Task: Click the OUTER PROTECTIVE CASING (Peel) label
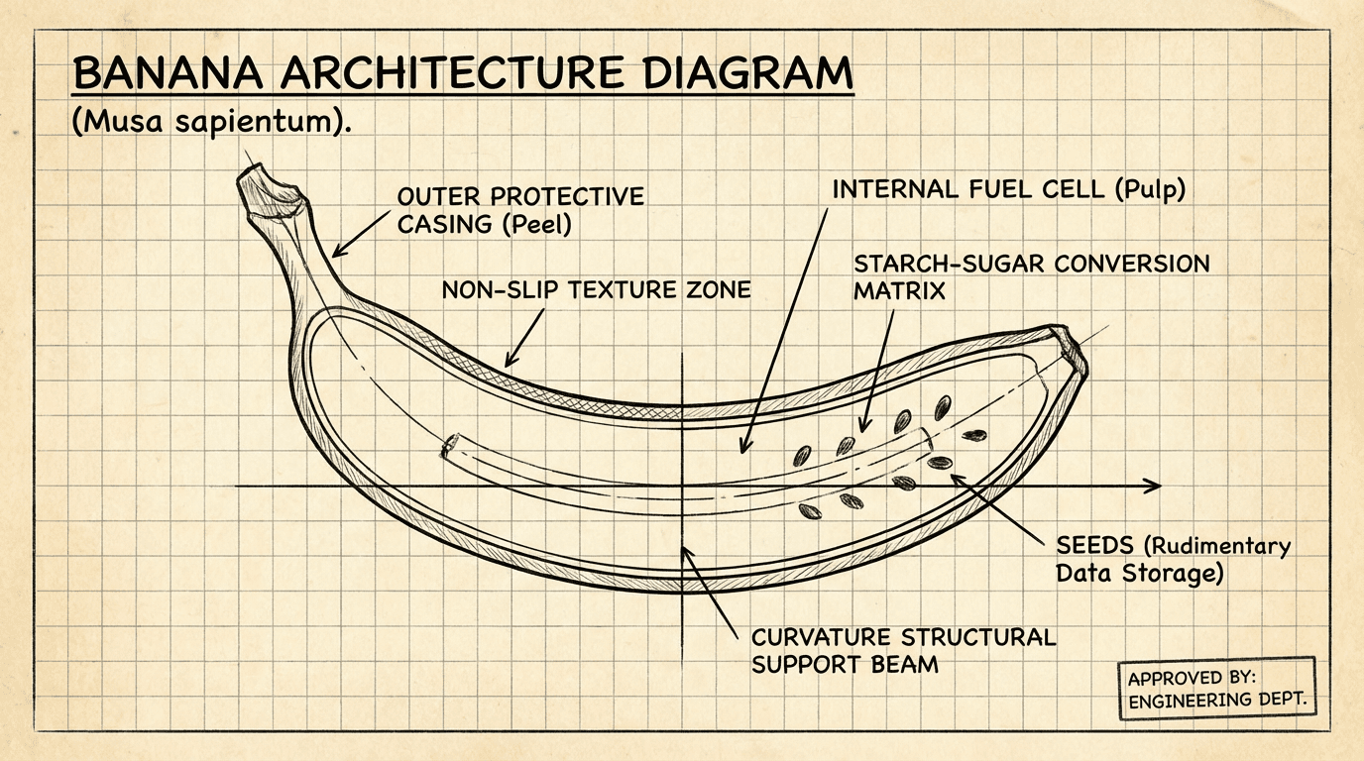(519, 210)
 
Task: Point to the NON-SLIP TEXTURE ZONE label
(596, 290)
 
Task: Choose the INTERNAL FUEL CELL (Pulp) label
(1008, 189)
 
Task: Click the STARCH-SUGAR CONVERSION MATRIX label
(1031, 277)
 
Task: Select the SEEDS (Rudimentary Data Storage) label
(1173, 560)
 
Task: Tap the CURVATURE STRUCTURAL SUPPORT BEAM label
(903, 650)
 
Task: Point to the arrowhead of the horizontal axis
(1152, 486)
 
